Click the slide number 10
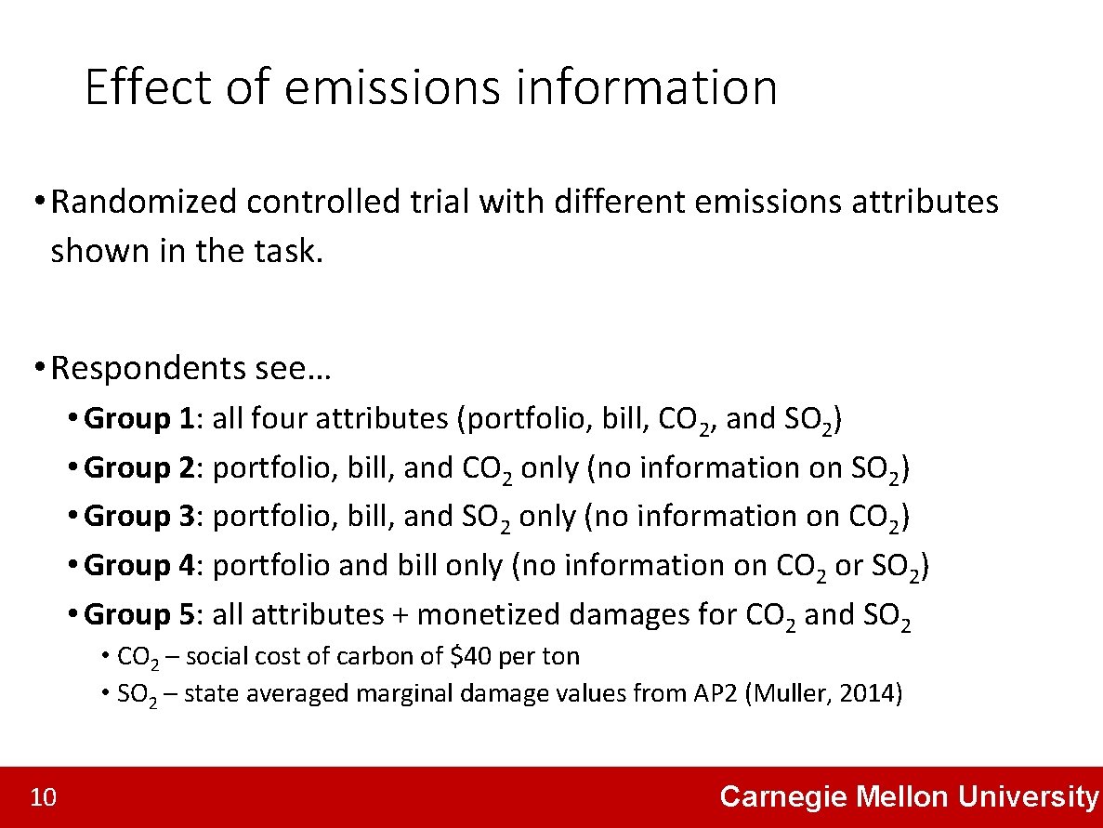[44, 797]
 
